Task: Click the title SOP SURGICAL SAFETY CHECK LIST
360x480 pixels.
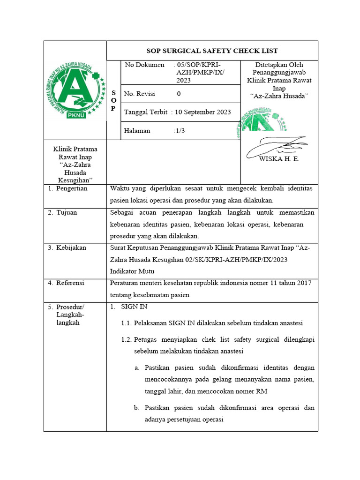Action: [x=212, y=51]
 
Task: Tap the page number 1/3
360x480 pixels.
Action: [x=179, y=131]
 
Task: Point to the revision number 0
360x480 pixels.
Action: [x=179, y=94]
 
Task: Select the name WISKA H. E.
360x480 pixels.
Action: [x=279, y=159]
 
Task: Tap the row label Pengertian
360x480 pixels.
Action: [x=71, y=188]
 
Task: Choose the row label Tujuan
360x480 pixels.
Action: [x=67, y=212]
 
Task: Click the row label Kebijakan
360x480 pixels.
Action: [x=71, y=247]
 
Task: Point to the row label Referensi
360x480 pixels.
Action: [x=70, y=283]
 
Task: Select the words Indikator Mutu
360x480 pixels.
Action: [x=132, y=271]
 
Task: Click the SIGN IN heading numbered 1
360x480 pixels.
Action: [x=134, y=307]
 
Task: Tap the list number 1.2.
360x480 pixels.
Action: [x=127, y=339]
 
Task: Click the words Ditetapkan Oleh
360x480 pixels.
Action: [x=279, y=65]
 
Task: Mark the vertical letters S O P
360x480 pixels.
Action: [x=113, y=100]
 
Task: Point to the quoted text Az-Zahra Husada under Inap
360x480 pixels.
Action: [x=279, y=96]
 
